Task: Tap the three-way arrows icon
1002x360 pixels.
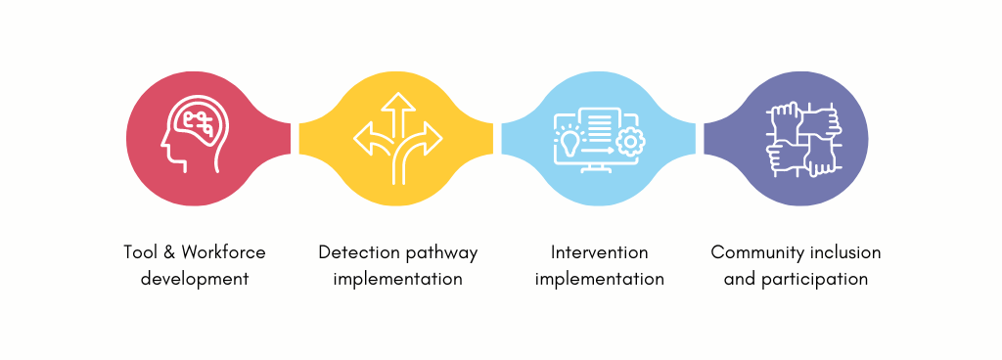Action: (398, 139)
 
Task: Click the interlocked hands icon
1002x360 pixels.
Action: (804, 139)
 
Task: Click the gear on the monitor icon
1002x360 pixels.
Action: (630, 142)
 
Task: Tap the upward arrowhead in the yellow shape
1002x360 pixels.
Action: (398, 102)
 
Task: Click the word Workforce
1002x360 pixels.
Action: (223, 252)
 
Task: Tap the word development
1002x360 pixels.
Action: (195, 279)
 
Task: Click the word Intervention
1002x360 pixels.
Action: (600, 252)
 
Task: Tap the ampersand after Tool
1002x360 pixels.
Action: (168, 252)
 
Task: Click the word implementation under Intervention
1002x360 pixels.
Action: (600, 280)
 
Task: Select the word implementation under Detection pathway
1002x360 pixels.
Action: (398, 280)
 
